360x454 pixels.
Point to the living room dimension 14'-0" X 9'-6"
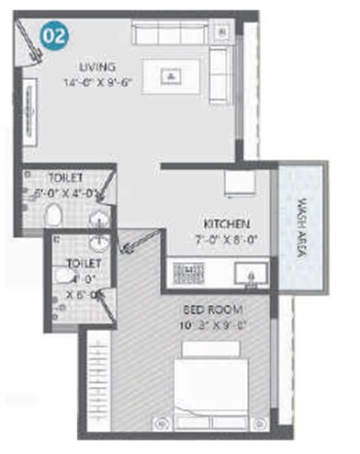pos(98,82)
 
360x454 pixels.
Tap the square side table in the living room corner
pos(221,32)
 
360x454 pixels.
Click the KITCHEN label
pos(221,222)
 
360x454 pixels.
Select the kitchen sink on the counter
pos(249,274)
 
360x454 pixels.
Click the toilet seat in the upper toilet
pos(54,217)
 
